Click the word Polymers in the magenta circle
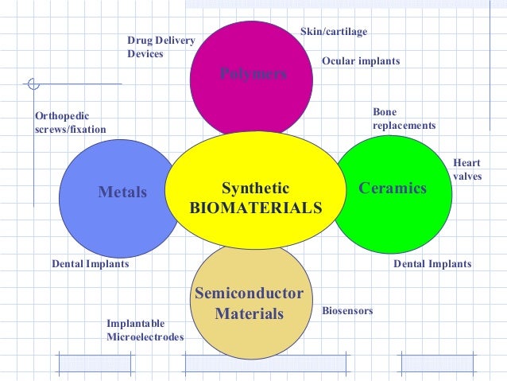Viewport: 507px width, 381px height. click(x=253, y=74)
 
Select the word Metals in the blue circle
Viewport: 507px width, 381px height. click(x=122, y=192)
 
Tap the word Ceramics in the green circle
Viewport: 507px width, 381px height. click(x=393, y=189)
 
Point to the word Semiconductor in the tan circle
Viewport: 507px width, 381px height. click(x=250, y=294)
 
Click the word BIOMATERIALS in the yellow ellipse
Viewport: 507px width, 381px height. click(x=256, y=208)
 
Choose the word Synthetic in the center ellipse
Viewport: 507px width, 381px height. click(x=255, y=189)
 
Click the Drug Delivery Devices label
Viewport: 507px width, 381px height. click(x=161, y=47)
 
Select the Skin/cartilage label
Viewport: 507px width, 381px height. click(x=333, y=32)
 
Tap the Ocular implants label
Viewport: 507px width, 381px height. click(x=361, y=60)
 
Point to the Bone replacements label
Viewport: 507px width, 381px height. click(x=404, y=119)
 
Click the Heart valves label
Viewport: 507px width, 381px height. click(x=466, y=169)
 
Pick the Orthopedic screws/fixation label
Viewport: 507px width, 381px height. click(x=70, y=122)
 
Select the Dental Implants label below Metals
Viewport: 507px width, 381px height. click(x=90, y=264)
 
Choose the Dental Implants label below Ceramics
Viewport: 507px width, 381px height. click(x=432, y=264)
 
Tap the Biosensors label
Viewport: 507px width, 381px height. click(x=347, y=310)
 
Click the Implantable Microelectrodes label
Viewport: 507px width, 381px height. click(x=145, y=330)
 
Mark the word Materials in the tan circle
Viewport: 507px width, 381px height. click(x=250, y=314)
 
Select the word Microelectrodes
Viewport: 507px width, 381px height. click(x=145, y=337)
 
